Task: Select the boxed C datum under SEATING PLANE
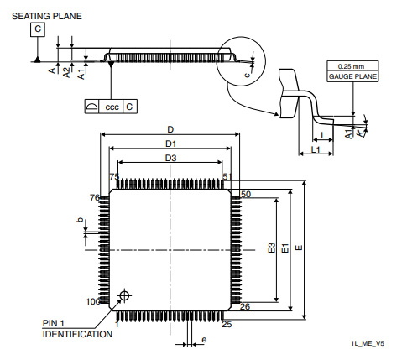38,30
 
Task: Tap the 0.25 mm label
351,65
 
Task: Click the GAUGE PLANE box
352,76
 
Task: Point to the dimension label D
170,130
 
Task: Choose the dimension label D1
170,144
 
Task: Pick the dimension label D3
170,158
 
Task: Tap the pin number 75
114,176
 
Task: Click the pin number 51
227,176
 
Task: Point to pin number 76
94,197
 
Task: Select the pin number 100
92,301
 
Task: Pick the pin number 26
246,307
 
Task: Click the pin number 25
227,323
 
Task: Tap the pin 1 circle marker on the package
125,295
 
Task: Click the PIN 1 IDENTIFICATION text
77,329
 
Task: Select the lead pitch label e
204,339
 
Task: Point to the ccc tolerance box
111,107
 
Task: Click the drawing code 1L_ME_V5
368,344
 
